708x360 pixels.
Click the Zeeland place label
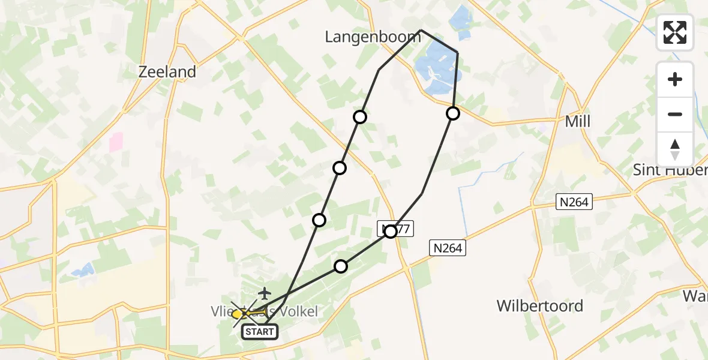(x=167, y=72)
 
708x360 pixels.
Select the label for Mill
(x=578, y=122)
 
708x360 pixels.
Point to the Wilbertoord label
(x=539, y=306)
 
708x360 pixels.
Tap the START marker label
(x=260, y=331)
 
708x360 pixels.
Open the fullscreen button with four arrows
(x=675, y=32)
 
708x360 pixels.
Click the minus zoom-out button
(x=675, y=114)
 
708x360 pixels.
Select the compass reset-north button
(x=675, y=149)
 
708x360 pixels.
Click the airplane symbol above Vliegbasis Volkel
(x=265, y=293)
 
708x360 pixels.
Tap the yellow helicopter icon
(x=239, y=314)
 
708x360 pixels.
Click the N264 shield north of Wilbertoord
(x=447, y=247)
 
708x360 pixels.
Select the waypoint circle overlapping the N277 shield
(x=391, y=231)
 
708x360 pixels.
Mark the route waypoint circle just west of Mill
(x=453, y=113)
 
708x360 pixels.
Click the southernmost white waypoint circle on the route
(x=341, y=266)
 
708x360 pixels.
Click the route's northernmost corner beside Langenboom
(x=421, y=30)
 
